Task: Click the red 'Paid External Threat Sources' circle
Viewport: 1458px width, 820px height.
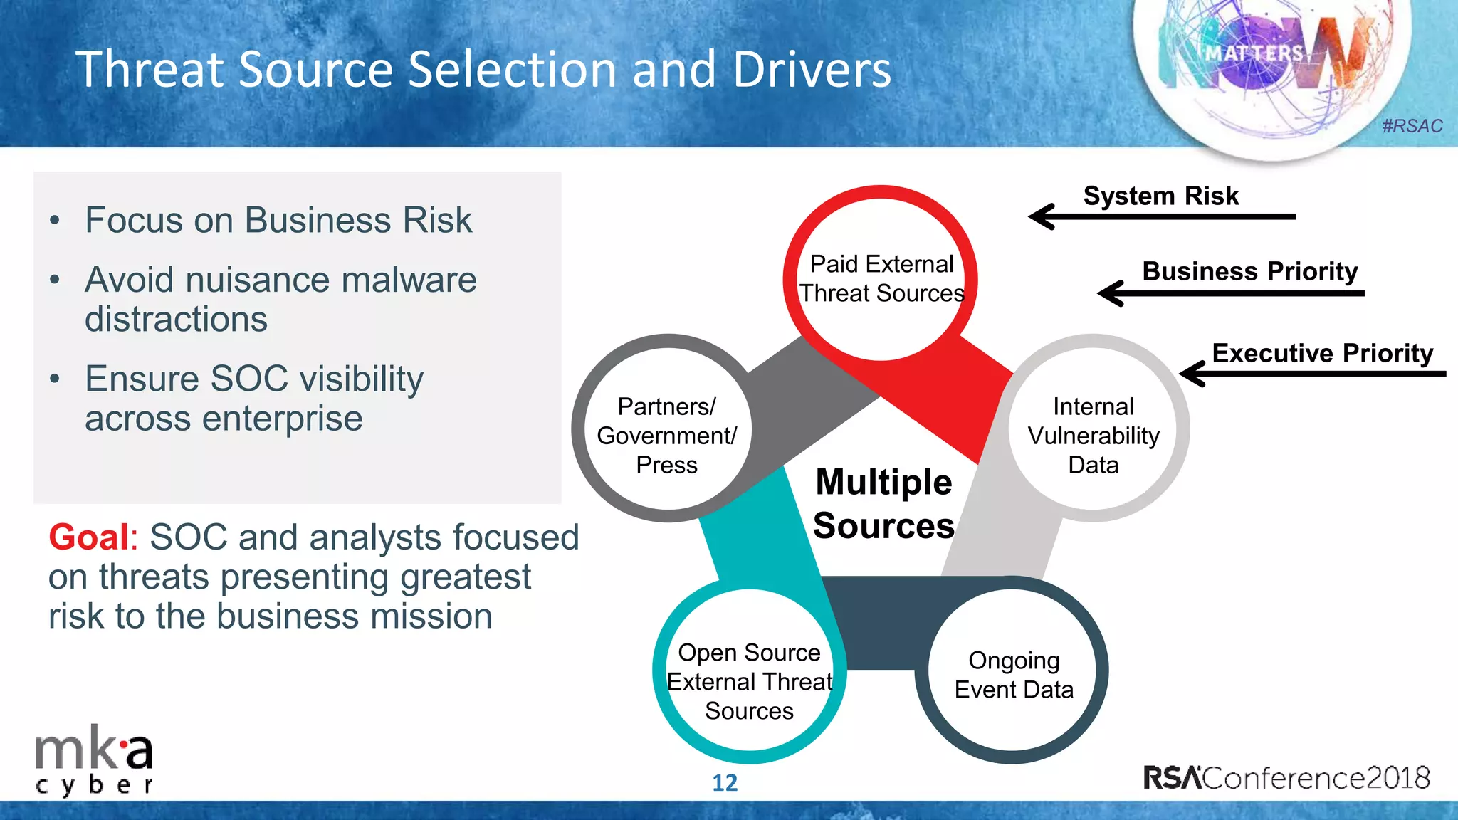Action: tap(881, 278)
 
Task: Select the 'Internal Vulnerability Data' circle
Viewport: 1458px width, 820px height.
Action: tap(1093, 435)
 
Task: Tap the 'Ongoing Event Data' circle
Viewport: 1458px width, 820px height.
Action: tap(1013, 674)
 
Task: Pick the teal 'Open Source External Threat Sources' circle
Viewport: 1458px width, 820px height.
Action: tap(749, 681)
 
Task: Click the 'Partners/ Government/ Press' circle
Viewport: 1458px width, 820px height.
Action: tap(667, 435)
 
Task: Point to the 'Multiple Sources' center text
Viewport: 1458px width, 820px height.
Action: tap(883, 504)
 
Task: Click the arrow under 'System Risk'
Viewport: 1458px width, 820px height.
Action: tap(1160, 216)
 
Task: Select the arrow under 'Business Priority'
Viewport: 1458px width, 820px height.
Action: tap(1230, 293)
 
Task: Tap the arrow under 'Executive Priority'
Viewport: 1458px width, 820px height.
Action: tap(1311, 373)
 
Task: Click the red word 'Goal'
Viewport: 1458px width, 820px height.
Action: tap(89, 537)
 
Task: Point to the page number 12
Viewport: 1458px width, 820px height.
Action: tap(725, 783)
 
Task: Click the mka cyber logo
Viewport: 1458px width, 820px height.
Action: tap(94, 764)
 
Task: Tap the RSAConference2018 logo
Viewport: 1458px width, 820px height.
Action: tap(1286, 777)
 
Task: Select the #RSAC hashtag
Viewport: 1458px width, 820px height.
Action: tap(1412, 126)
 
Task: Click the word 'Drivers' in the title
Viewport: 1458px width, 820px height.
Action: tap(812, 70)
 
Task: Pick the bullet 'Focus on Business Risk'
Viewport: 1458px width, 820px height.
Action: tap(278, 220)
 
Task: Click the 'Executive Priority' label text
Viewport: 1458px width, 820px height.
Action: tap(1322, 353)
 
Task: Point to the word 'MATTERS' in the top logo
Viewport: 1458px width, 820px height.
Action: tap(1254, 53)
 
